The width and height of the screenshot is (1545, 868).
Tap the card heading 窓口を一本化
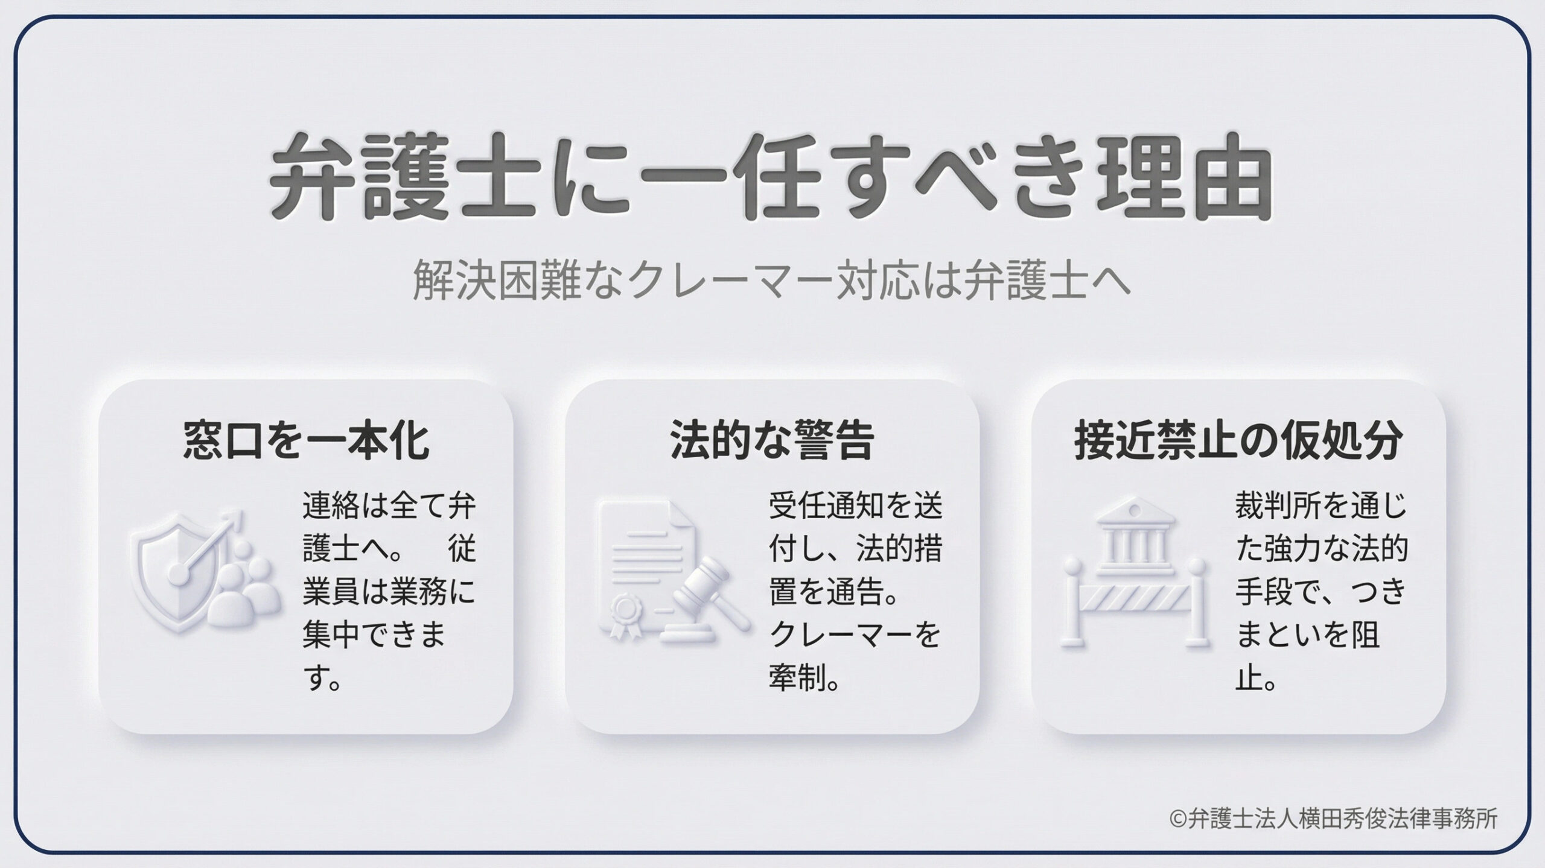(306, 441)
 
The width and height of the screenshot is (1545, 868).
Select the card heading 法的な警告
(772, 441)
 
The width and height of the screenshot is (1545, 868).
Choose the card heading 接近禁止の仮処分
(1238, 441)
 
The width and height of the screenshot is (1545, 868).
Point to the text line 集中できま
(374, 636)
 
